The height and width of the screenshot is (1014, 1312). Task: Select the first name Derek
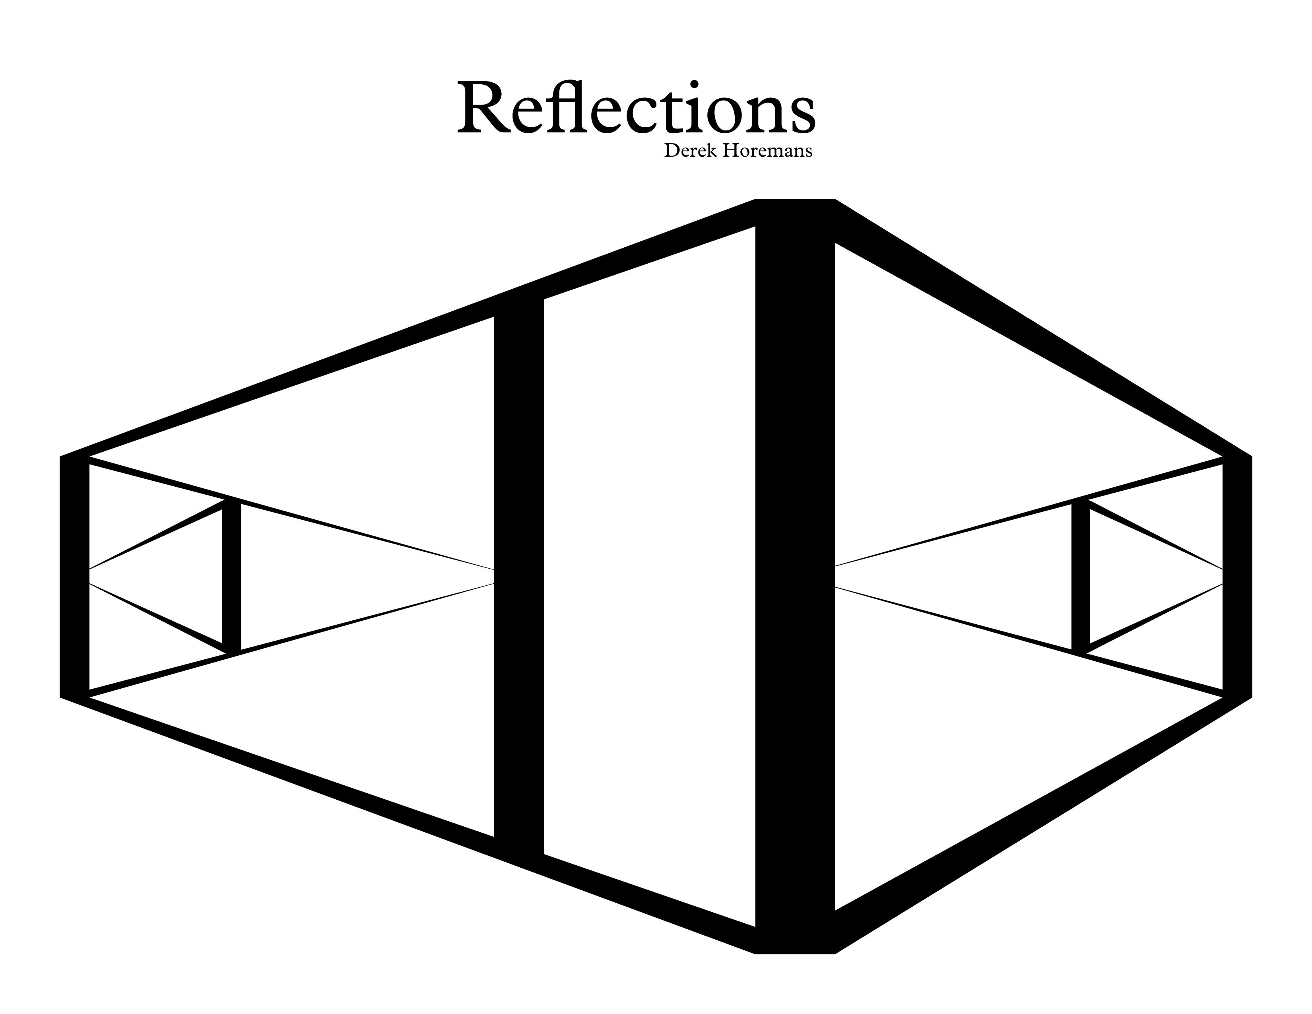pos(691,151)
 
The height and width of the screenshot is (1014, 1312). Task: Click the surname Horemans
pos(767,151)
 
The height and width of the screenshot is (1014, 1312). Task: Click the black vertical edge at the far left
pos(74,576)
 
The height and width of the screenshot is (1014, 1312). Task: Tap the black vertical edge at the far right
pos(1238,576)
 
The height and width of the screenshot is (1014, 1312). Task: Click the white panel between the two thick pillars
pos(649,577)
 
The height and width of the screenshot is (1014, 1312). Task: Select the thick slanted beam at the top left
pos(407,327)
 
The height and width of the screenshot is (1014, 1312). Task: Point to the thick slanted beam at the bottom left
pos(407,826)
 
